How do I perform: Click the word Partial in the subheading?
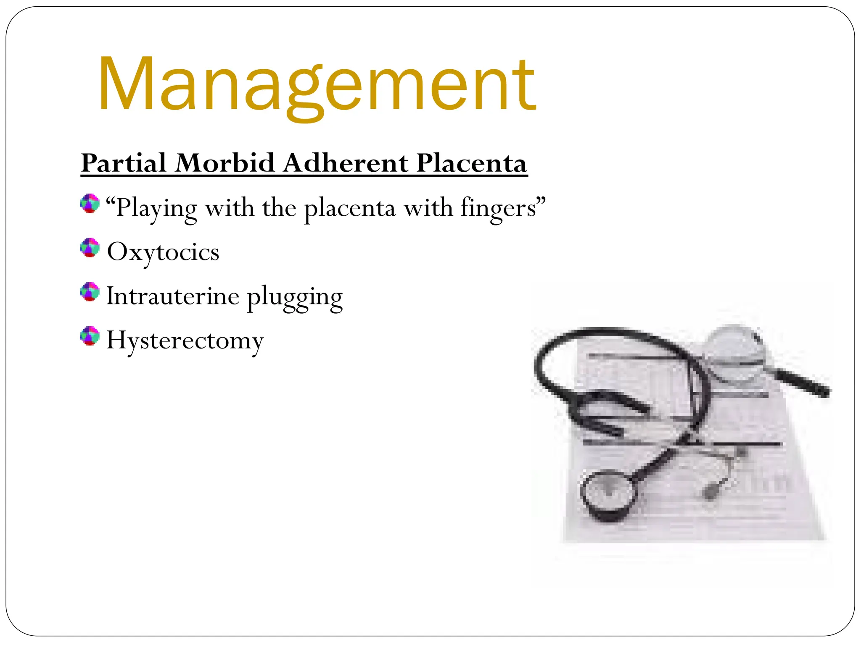[124, 163]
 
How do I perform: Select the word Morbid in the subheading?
[225, 163]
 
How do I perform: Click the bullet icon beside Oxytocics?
[90, 248]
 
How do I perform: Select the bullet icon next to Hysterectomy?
[90, 336]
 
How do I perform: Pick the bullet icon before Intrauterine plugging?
[90, 292]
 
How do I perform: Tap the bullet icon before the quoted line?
[90, 204]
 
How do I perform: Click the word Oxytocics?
[163, 252]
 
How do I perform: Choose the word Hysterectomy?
[185, 340]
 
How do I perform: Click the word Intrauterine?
[173, 296]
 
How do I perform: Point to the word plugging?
[295, 297]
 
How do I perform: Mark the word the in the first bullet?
[279, 208]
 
